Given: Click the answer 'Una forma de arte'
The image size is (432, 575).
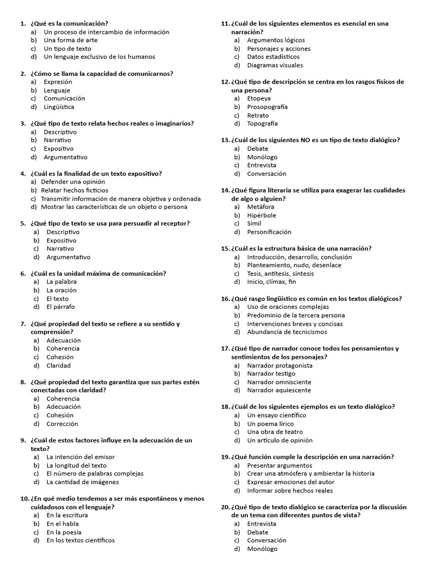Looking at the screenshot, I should click(x=70, y=40).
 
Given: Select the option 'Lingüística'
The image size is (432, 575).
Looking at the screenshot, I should click(x=59, y=107).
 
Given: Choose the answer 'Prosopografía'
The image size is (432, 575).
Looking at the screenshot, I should click(x=267, y=107).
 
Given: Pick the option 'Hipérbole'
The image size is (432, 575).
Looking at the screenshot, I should click(x=262, y=215).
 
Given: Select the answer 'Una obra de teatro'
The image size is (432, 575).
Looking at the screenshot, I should click(x=275, y=432).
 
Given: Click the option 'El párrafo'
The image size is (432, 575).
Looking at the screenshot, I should click(x=61, y=307).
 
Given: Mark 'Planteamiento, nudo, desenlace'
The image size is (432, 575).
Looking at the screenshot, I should click(x=294, y=265).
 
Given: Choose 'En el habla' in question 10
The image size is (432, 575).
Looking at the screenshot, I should click(x=62, y=524).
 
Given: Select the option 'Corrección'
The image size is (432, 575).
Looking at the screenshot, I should click(x=62, y=424).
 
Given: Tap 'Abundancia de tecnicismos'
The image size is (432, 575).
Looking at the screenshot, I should click(x=287, y=332).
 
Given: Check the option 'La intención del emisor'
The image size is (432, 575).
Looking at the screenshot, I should click(x=80, y=457).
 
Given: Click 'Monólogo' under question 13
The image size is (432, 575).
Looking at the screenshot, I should click(x=261, y=157).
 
